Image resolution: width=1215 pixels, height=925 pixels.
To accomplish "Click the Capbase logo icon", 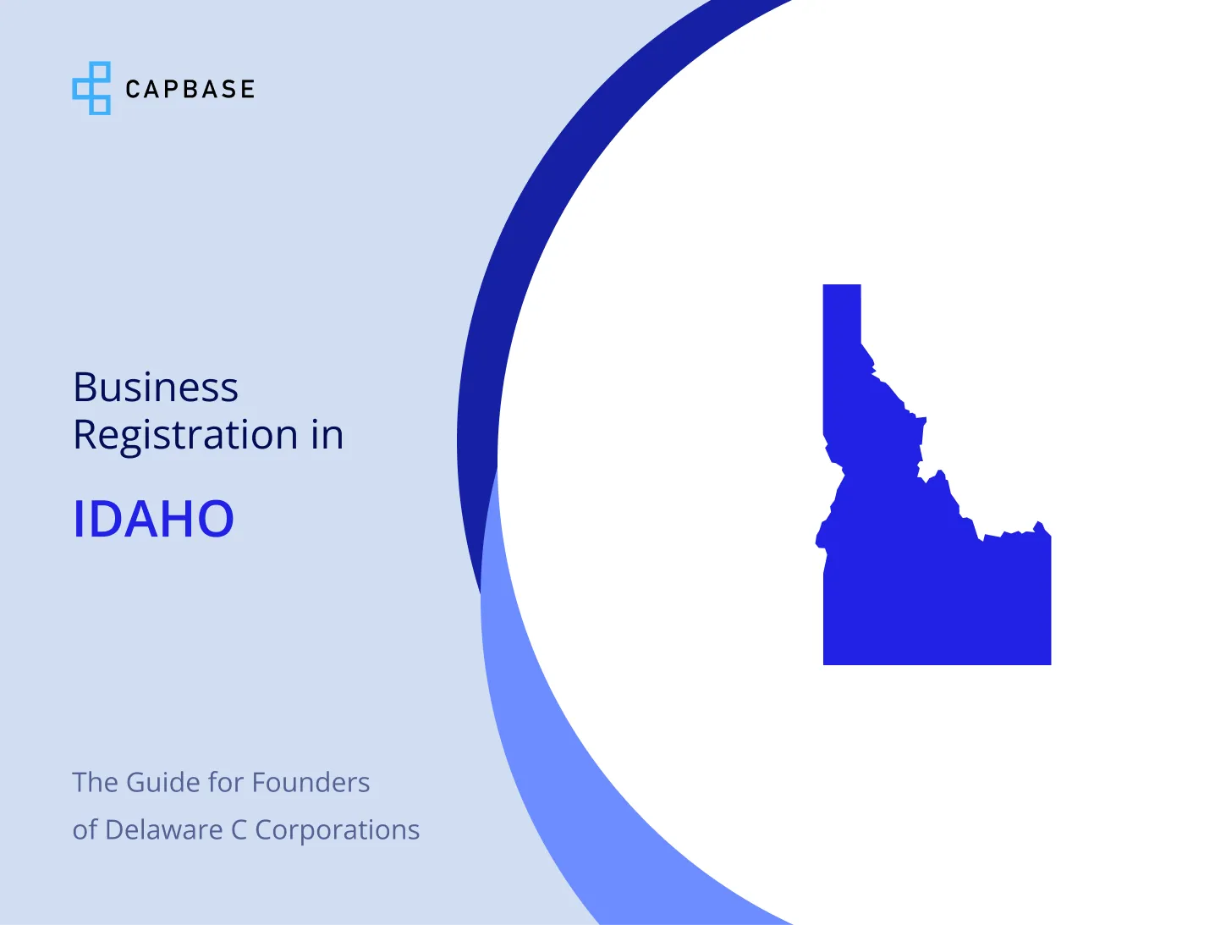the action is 91,88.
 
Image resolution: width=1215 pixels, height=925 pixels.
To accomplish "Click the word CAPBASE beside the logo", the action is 190,89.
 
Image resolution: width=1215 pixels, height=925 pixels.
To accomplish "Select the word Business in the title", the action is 156,387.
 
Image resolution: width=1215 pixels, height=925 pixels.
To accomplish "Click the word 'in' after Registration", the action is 327,434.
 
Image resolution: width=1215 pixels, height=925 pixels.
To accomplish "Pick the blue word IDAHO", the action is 154,519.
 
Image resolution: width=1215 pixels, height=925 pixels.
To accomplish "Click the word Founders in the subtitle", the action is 311,783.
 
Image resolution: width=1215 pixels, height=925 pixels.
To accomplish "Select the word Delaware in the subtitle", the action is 164,829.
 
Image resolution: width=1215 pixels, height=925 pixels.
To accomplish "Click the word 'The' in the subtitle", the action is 96,783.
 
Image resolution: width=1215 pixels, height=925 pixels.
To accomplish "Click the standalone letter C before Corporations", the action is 239,830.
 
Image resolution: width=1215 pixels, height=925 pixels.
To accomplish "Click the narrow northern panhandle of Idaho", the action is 841,332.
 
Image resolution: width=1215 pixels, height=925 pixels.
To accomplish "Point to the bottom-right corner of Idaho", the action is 1051,664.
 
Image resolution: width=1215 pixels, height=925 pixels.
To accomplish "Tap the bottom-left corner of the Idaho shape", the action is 823,664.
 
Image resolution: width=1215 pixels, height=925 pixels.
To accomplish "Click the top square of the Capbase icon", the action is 100,70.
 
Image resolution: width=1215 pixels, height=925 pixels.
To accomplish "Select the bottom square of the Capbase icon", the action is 100,105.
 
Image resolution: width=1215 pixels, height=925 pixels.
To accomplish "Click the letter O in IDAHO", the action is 216,519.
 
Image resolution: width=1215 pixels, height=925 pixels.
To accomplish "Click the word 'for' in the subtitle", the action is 225,782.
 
